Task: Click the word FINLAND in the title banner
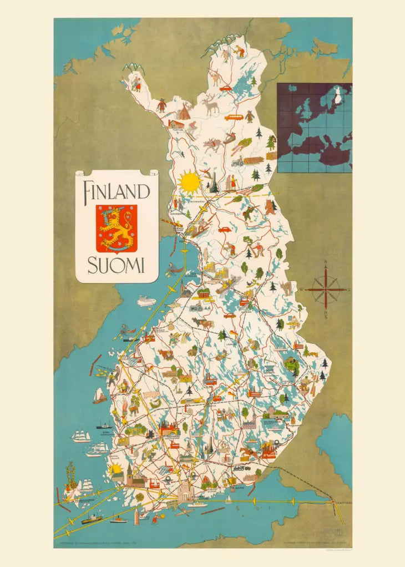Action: [117, 191]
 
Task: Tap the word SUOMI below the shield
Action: [117, 266]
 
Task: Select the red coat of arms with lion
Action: [117, 228]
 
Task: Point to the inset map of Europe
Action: [315, 128]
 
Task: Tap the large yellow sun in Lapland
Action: [189, 181]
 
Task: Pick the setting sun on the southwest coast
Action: [116, 471]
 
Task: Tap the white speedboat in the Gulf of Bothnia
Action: [146, 301]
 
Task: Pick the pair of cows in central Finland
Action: [202, 323]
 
